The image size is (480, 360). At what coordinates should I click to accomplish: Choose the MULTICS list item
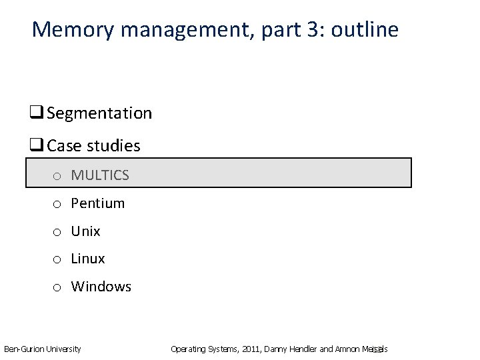(x=100, y=175)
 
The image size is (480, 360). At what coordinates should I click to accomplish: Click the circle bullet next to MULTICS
(x=59, y=177)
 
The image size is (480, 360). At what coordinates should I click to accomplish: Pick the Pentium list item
(x=98, y=203)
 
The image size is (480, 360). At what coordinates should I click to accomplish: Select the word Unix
(x=86, y=231)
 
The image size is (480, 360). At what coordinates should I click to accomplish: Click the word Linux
(x=88, y=259)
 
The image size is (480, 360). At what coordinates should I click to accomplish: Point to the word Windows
(x=101, y=287)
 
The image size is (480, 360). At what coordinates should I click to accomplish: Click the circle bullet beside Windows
(x=59, y=288)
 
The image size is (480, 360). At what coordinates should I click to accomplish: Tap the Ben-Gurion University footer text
(x=43, y=349)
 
